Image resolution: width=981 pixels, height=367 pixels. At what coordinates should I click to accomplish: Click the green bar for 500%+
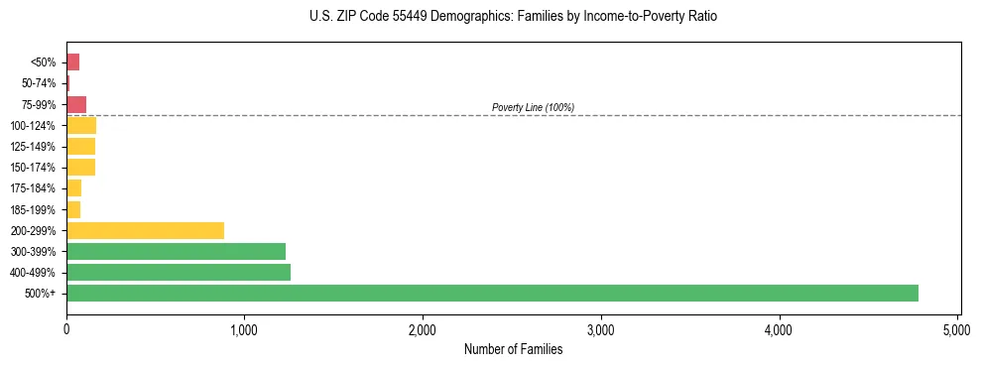[x=492, y=293]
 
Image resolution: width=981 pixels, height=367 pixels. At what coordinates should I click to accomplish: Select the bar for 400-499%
[x=179, y=272]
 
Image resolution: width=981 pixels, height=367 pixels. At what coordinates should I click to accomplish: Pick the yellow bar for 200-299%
[x=145, y=230]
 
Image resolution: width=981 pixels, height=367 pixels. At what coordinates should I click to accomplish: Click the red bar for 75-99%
[x=76, y=104]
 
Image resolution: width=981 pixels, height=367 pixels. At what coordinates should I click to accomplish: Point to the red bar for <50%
[x=72, y=62]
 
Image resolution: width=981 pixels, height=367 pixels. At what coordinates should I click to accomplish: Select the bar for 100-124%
[x=81, y=126]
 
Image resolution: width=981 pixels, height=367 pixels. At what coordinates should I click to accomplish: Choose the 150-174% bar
[x=80, y=168]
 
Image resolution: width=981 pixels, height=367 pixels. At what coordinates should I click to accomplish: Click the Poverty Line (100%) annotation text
[x=533, y=107]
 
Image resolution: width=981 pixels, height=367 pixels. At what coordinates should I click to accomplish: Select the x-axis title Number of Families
[x=513, y=349]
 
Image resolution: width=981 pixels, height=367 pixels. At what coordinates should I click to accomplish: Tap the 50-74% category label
[x=39, y=83]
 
